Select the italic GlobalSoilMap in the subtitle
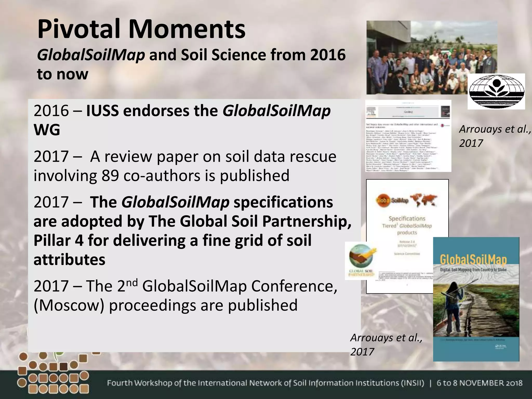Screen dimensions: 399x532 tap(91, 55)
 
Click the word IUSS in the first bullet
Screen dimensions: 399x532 tap(102, 111)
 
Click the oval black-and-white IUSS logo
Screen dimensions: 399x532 tap(496, 91)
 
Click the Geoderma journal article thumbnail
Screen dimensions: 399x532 tap(408, 136)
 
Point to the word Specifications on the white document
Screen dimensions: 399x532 tap(407, 218)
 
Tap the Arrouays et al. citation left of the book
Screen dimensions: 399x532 tap(386, 344)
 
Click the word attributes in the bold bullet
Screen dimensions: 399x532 tap(69, 260)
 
